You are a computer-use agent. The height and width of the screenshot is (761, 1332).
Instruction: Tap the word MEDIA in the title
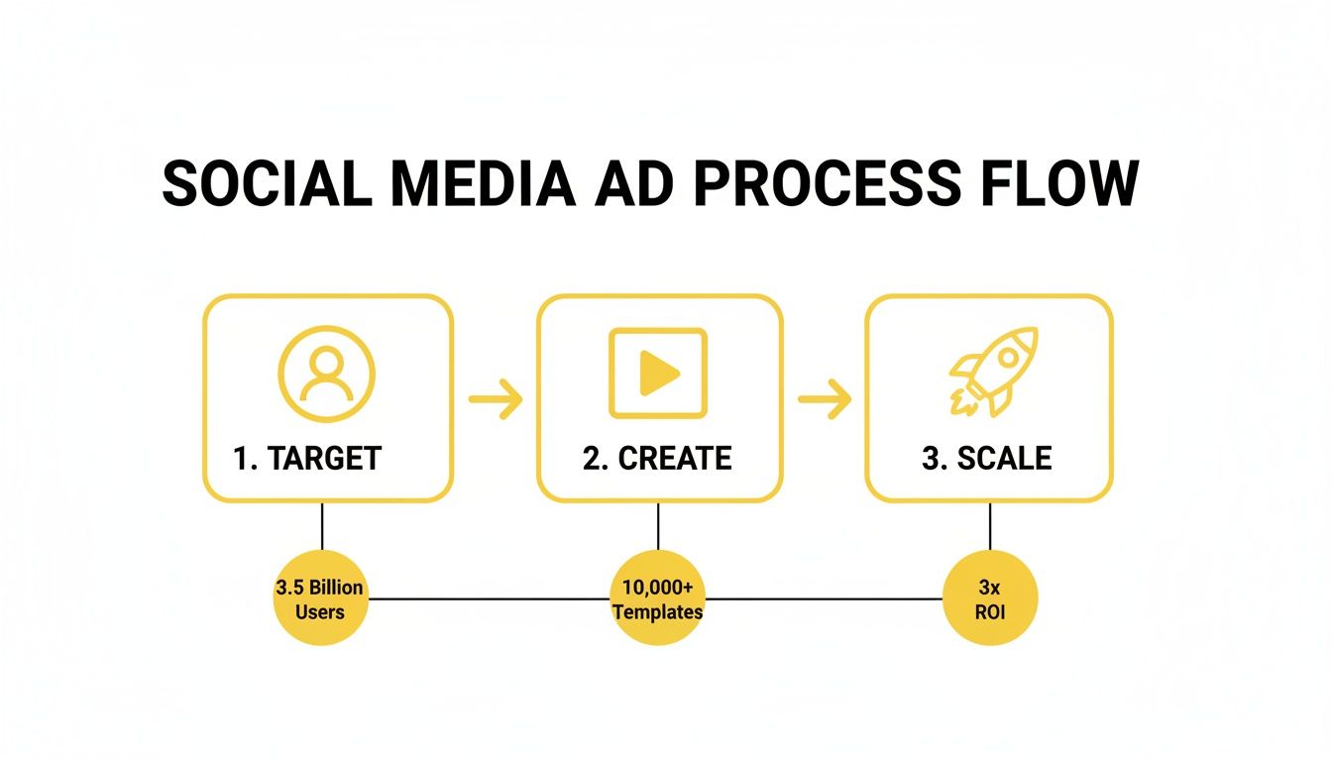click(479, 183)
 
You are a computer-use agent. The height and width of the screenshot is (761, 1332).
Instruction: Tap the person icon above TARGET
click(327, 375)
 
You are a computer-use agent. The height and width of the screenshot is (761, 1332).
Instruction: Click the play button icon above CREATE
click(658, 374)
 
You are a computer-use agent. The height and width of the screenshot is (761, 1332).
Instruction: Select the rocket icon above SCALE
click(993, 371)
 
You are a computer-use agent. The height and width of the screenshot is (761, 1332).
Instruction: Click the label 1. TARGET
click(307, 458)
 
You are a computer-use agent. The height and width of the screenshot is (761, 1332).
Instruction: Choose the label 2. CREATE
click(657, 458)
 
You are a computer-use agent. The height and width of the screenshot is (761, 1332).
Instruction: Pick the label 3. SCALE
click(987, 458)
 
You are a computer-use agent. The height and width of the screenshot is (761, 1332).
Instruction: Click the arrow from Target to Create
click(496, 399)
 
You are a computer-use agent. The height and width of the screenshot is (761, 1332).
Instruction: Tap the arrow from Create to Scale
click(825, 399)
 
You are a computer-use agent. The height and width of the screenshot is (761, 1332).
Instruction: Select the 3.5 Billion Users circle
click(320, 598)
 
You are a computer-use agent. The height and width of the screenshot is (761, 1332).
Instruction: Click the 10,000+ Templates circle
click(658, 598)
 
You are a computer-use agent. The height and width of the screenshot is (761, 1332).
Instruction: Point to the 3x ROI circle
click(989, 598)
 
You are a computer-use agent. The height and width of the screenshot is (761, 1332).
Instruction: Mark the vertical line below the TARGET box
click(322, 525)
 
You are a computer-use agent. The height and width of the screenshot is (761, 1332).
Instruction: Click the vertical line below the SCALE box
click(989, 525)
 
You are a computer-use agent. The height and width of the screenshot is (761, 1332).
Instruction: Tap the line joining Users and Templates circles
click(489, 598)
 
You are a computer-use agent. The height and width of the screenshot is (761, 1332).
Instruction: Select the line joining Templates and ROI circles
click(823, 598)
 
